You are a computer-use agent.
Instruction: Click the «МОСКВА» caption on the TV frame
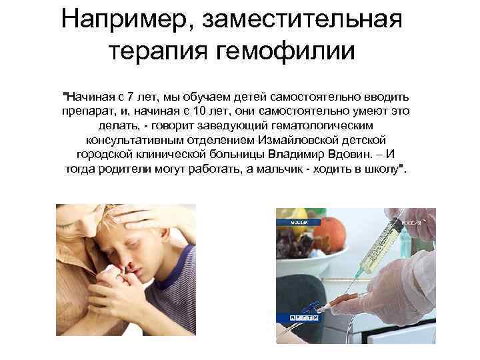[299, 221]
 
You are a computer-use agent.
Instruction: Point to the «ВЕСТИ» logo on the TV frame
[304, 319]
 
